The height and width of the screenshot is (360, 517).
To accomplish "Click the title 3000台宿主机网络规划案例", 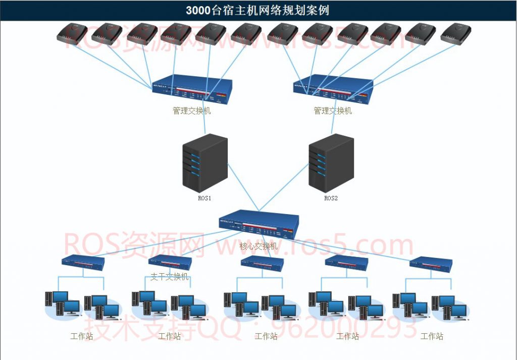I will coord(257,10).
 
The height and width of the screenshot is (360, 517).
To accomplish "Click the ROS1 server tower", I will coord(204,162).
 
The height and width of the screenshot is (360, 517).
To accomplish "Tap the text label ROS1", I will coord(204,198).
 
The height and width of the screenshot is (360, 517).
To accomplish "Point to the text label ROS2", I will coord(331,198).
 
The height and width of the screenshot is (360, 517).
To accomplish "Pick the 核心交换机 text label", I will coord(258,246).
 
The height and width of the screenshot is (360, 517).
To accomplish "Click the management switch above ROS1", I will coord(192,90).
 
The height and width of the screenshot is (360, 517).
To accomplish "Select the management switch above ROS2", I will coord(333,90).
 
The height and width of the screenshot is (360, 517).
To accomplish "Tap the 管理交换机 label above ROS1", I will coord(192,111).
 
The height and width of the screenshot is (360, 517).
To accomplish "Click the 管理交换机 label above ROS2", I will coord(333,111).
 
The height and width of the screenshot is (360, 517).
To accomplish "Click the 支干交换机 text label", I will coord(170,277).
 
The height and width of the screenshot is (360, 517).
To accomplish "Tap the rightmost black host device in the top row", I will coord(455,34).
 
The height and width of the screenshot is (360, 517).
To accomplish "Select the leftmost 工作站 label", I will coord(82,336).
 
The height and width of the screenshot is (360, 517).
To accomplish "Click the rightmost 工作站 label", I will coord(432,336).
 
